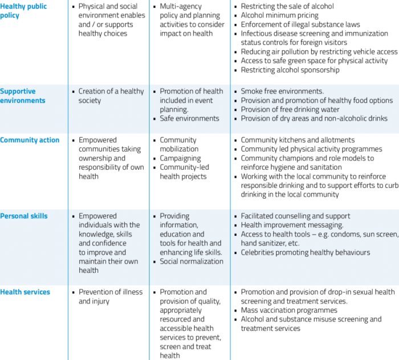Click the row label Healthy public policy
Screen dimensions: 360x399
pyautogui.click(x=23, y=11)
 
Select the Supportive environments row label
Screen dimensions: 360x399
pyautogui.click(x=23, y=96)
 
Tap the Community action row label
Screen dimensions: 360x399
pyautogui.click(x=30, y=140)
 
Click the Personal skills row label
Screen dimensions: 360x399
pyautogui.click(x=24, y=216)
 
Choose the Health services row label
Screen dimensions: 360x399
pyautogui.click(x=25, y=292)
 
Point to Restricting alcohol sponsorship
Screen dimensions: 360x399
pyautogui.click(x=290, y=70)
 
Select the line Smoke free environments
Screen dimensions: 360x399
pyautogui.click(x=282, y=91)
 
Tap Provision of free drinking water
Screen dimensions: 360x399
pyautogui.click(x=290, y=109)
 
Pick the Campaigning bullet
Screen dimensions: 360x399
pyautogui.click(x=180, y=158)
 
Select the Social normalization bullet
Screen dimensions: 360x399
pyautogui.click(x=192, y=261)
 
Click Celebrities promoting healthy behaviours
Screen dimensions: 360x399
pyautogui.click(x=306, y=252)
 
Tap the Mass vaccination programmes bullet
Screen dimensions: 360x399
pyautogui.click(x=289, y=310)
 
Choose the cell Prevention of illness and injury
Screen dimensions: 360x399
pyautogui.click(x=111, y=297)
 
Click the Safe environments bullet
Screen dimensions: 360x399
pyautogui.click(x=189, y=118)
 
